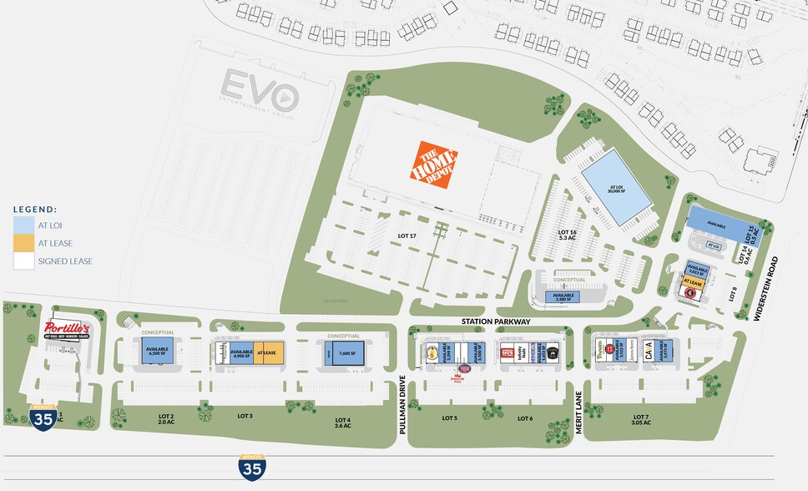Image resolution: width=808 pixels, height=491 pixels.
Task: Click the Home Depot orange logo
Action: pyautogui.click(x=437, y=163)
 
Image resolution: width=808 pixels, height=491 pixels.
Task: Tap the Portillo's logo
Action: pyautogui.click(x=66, y=329)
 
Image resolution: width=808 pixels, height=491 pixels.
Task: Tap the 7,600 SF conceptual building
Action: pyautogui.click(x=344, y=353)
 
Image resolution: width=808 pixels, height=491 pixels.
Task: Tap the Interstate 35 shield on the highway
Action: pyautogui.click(x=251, y=467)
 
